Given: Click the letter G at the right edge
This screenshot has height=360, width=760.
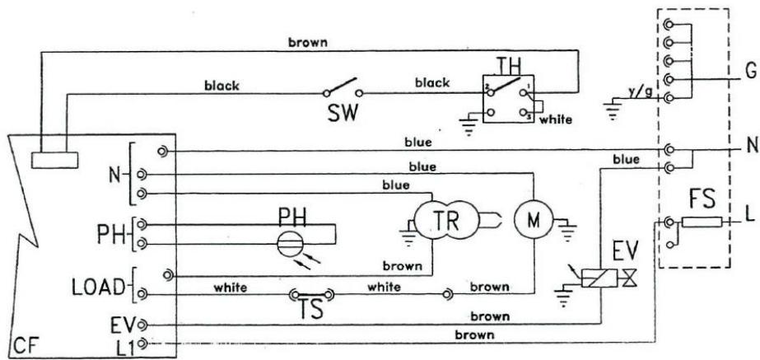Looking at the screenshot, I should (x=748, y=72).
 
